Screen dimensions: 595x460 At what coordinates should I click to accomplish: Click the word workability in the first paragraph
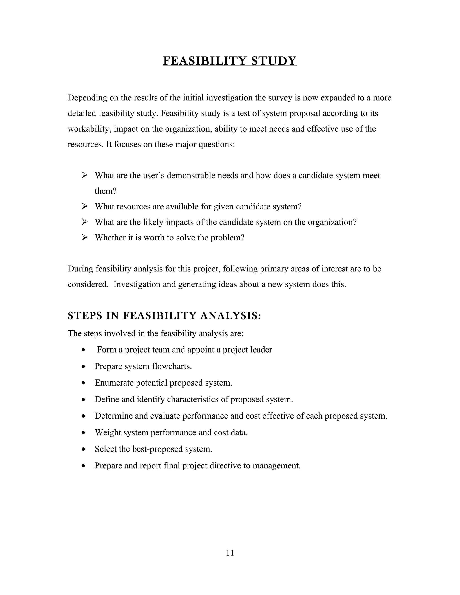[x=89, y=129]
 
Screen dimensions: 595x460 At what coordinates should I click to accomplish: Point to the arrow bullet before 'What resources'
[x=84, y=207]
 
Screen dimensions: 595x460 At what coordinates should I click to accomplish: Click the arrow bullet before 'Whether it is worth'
[x=84, y=238]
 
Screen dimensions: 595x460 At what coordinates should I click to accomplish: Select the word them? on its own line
[x=106, y=191]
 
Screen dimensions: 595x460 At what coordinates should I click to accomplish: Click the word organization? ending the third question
[x=332, y=222]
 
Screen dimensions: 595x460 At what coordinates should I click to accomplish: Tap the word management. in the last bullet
[x=276, y=466]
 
